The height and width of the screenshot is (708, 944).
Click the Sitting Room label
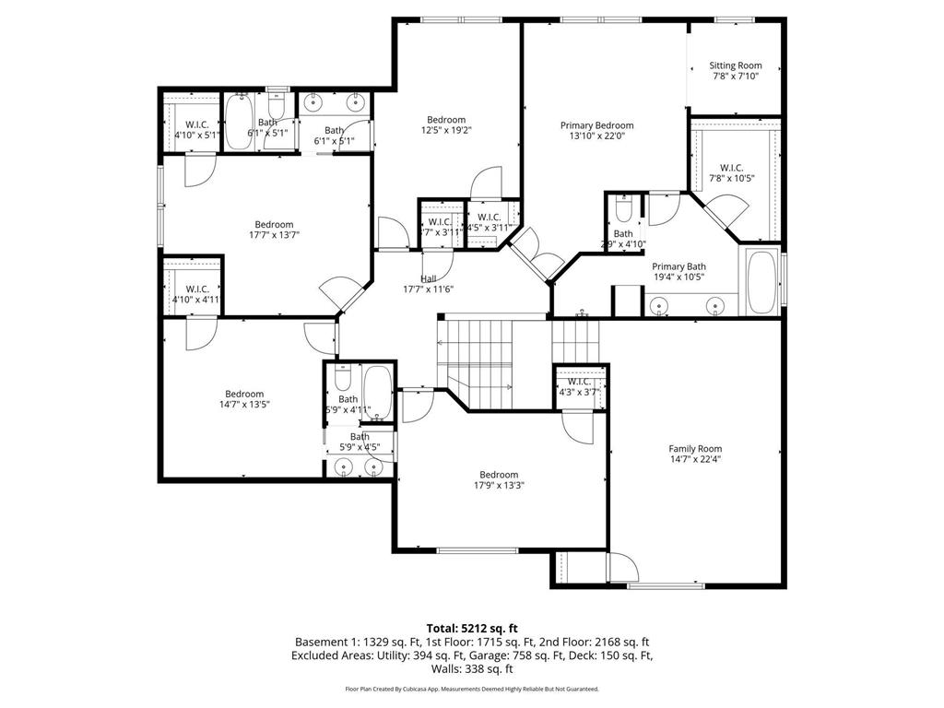(x=735, y=65)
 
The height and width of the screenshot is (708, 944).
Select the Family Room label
(x=695, y=449)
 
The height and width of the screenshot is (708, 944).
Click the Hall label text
(x=429, y=278)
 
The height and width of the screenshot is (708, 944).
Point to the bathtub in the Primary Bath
(x=761, y=281)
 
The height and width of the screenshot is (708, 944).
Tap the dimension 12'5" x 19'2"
(x=445, y=131)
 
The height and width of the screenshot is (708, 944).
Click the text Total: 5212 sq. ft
(x=472, y=629)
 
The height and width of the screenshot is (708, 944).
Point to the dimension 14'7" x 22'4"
(x=695, y=460)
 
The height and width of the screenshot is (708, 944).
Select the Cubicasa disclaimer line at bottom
(x=472, y=689)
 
